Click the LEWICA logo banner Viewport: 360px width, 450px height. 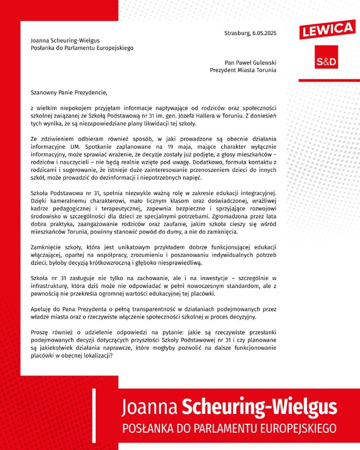(x=326, y=29)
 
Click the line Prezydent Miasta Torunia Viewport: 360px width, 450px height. (x=243, y=70)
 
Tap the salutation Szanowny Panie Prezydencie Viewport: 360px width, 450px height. (x=69, y=92)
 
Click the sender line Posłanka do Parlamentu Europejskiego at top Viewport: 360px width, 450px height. (x=82, y=48)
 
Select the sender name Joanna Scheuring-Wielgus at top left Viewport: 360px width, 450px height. (x=68, y=41)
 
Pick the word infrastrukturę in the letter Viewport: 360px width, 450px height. (x=52, y=286)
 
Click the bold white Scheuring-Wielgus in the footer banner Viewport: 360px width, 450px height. (x=260, y=408)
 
